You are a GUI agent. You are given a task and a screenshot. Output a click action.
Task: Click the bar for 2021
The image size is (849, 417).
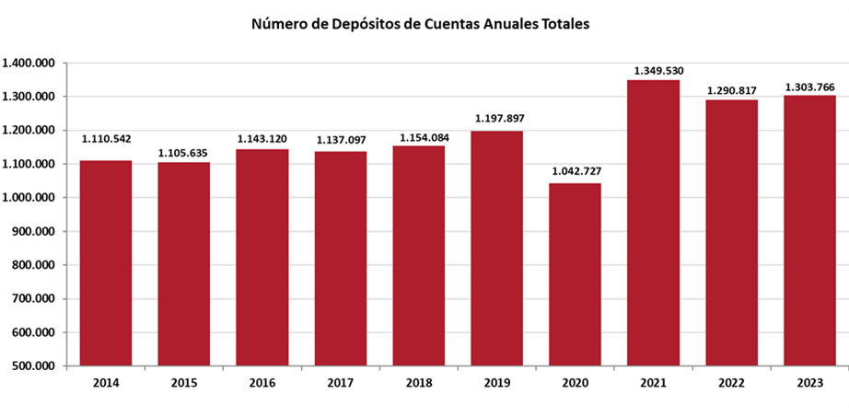click(653, 223)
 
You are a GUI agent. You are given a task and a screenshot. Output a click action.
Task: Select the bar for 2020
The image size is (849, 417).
click(575, 274)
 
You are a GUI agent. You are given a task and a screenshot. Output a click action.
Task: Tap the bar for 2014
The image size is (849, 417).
click(106, 263)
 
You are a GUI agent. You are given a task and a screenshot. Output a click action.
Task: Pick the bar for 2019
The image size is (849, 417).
click(496, 249)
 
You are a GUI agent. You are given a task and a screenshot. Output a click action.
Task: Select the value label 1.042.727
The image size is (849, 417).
click(575, 171)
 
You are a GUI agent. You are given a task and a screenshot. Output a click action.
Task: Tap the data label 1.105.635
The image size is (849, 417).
click(184, 153)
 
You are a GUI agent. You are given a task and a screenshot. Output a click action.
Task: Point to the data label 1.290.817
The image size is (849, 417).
click(731, 90)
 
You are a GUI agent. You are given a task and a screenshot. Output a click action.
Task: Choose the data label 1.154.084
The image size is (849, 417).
click(419, 137)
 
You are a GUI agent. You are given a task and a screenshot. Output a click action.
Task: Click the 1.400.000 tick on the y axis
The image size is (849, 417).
click(29, 63)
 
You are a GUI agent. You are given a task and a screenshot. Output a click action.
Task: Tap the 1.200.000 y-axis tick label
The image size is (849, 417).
click(29, 131)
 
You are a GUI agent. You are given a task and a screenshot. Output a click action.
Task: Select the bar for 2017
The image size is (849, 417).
click(341, 259)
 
